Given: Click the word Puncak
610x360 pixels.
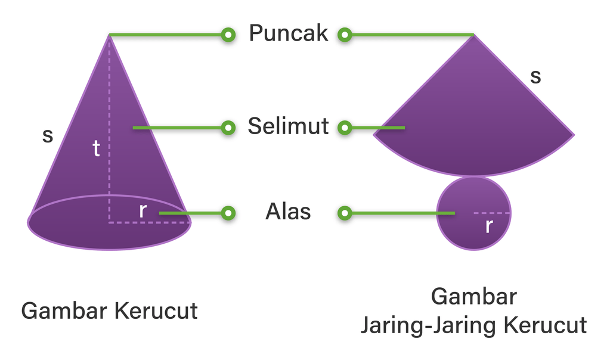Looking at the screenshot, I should point(289,33).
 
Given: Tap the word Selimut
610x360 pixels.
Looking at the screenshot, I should point(289,126).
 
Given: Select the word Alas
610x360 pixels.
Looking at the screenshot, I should point(288,212).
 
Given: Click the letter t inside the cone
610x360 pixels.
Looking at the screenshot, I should point(96,148).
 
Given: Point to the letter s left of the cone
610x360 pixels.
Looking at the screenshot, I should point(48,136).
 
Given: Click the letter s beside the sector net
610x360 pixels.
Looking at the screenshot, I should point(535,76).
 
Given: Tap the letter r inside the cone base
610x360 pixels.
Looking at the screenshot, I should point(143,210).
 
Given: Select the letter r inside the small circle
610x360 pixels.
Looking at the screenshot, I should point(489,226).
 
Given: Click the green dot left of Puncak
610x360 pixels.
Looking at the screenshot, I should point(228,35).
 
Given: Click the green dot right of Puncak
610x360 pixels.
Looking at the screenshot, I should point(344,35).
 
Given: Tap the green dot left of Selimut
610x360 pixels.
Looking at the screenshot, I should point(228,127).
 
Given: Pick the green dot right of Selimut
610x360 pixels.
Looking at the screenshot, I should point(344,127).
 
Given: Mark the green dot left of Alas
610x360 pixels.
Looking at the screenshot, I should point(228,213).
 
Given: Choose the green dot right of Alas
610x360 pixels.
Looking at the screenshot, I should point(344,213).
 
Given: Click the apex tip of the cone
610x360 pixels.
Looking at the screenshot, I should point(110,35).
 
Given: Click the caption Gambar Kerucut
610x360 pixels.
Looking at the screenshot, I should point(110,311).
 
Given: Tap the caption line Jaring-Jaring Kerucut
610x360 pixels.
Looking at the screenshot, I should point(474,325).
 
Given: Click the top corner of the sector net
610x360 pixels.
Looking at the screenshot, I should point(474,36).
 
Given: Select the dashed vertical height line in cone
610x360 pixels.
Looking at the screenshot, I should point(110,179).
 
